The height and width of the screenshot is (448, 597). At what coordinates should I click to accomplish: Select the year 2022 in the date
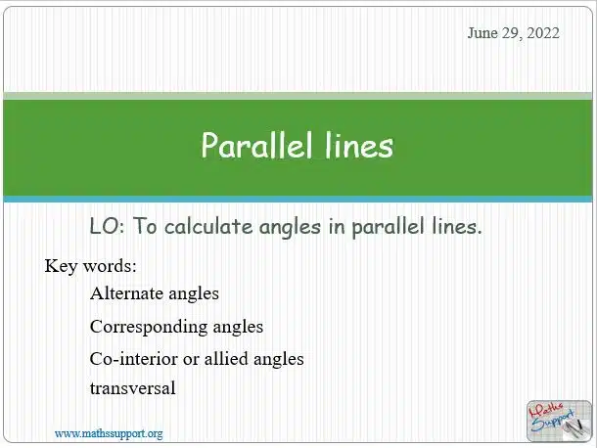coord(543,33)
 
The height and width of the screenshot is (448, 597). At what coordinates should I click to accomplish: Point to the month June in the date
coord(482,33)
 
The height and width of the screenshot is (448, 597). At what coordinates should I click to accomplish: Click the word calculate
coord(208,227)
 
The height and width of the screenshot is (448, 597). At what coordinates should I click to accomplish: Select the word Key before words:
coord(61,266)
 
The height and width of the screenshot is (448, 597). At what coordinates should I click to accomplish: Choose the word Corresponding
coord(149,328)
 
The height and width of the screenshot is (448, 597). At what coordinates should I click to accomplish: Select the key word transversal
coord(133,388)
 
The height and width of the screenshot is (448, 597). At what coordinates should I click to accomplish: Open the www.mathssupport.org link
coord(109,434)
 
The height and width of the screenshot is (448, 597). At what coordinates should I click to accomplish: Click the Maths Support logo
coord(559,421)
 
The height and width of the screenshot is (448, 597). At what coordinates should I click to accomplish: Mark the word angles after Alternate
coord(194,294)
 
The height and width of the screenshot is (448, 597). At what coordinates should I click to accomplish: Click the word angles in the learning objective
coord(290,228)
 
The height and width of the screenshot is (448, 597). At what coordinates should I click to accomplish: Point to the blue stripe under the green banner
coord(298,200)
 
